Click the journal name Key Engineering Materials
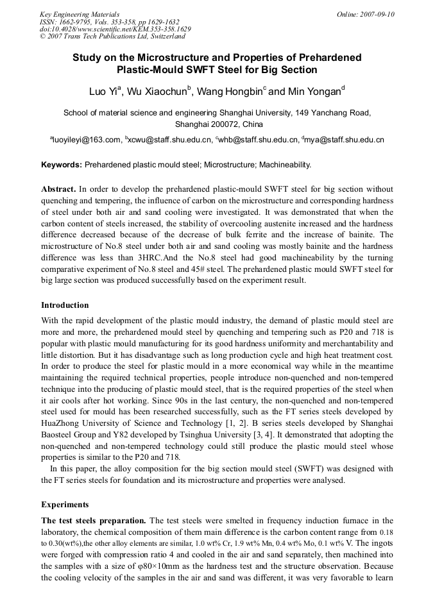pos(80,14)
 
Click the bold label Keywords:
pos(62,165)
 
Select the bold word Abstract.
pos(59,189)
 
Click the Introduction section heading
pos(65,305)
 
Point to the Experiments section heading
pos(65,505)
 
